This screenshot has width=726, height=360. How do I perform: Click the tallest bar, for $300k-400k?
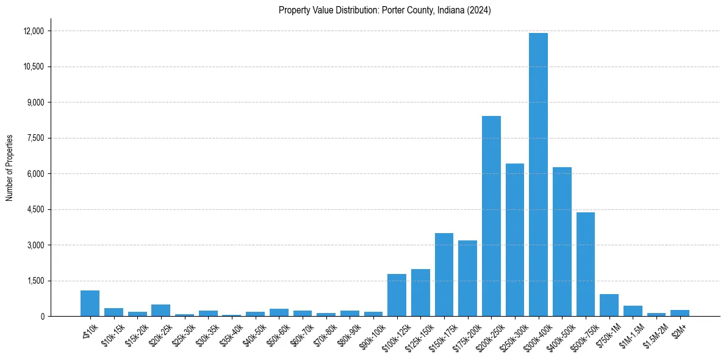pyautogui.click(x=538, y=175)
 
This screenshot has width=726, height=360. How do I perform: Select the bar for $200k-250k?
pyautogui.click(x=491, y=216)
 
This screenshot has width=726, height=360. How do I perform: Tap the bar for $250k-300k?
pyautogui.click(x=515, y=240)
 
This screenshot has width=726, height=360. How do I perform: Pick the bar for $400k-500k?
pyautogui.click(x=562, y=242)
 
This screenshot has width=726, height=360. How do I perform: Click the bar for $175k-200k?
pyautogui.click(x=467, y=278)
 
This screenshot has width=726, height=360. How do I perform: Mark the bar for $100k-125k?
pyautogui.click(x=397, y=295)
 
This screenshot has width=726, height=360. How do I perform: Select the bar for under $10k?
pyautogui.click(x=90, y=303)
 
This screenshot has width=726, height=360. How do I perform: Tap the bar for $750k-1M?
pyautogui.click(x=609, y=305)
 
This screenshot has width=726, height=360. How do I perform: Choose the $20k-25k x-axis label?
pyautogui.click(x=159, y=333)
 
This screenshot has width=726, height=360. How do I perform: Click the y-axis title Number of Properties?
pyautogui.click(x=10, y=168)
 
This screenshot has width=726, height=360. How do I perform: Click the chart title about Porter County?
pyautogui.click(x=384, y=10)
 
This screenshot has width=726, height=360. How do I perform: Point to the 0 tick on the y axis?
pyautogui.click(x=43, y=316)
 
